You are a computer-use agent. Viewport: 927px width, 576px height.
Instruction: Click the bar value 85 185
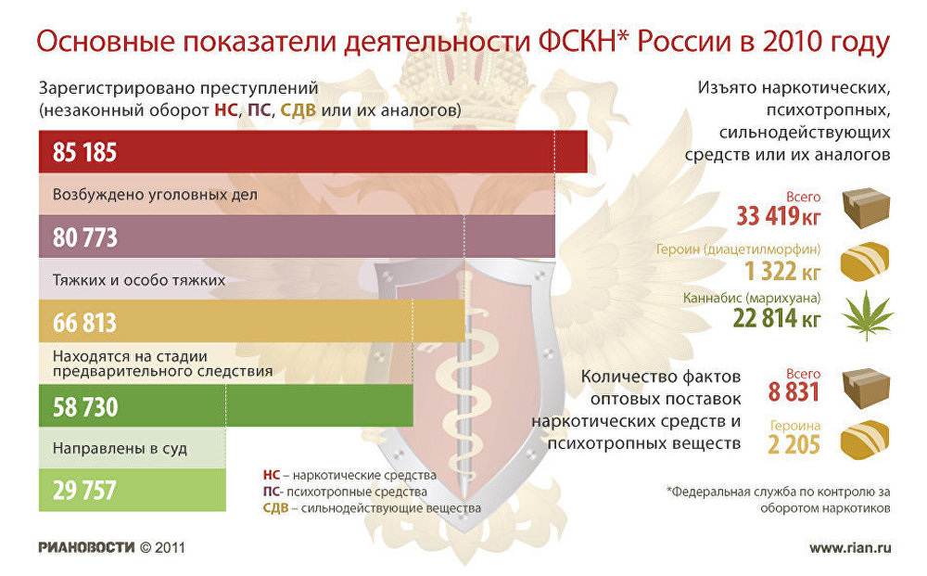click(x=85, y=152)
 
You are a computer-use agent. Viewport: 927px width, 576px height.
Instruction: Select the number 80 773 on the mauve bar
click(x=85, y=237)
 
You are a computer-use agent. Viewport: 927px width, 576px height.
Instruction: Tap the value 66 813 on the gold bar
click(x=85, y=323)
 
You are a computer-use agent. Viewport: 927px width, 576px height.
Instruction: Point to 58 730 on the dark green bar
click(x=85, y=407)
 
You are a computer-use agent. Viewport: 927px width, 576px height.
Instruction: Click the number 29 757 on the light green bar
click(x=84, y=491)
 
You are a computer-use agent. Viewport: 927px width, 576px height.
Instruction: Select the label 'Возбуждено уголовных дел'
click(x=155, y=195)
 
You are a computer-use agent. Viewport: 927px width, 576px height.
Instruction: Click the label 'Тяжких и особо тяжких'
click(x=139, y=280)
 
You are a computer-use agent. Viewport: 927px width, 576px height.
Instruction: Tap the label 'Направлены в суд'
click(x=120, y=449)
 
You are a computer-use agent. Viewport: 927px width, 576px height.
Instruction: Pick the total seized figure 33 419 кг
click(x=779, y=216)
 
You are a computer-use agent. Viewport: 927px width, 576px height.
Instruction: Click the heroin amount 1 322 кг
click(x=782, y=271)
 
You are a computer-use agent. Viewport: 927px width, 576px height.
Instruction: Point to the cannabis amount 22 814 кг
click(x=777, y=319)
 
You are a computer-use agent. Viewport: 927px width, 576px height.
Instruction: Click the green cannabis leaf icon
click(x=867, y=314)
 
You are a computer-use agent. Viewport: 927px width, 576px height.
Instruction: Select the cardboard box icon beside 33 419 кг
click(x=866, y=208)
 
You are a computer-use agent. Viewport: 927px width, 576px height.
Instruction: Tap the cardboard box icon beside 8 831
click(x=866, y=389)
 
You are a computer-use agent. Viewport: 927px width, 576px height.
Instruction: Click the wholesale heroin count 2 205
click(x=794, y=444)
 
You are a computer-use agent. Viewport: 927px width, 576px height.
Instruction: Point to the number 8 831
click(x=794, y=392)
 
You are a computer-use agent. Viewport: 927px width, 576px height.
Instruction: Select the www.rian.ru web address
click(x=850, y=547)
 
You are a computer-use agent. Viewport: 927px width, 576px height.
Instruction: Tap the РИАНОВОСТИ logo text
click(x=86, y=547)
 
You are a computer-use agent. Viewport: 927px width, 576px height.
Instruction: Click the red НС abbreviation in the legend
click(x=272, y=476)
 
